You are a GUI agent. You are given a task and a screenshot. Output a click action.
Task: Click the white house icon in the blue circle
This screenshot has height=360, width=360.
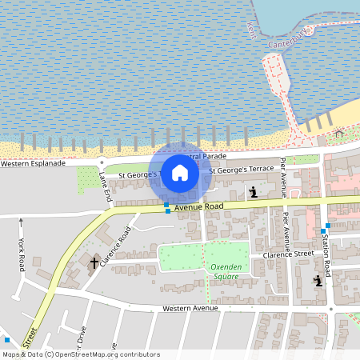click(180, 172)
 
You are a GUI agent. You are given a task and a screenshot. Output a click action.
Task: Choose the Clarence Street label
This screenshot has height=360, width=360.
click(288, 255)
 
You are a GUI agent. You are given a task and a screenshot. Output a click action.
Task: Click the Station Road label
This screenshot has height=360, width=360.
click(326, 254)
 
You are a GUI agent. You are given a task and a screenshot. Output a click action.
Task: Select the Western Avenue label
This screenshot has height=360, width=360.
click(190, 308)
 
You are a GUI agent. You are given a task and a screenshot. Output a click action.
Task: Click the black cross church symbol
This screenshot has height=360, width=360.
click(94, 262)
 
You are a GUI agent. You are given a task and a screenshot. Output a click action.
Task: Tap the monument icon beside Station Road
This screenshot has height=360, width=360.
click(318, 280)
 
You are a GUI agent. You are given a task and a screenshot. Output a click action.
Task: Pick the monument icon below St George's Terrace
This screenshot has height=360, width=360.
click(254, 192)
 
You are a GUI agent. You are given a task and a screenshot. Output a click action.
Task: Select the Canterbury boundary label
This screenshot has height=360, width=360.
click(289, 38)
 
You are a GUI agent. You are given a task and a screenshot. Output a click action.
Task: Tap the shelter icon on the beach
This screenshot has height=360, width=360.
click(339, 133)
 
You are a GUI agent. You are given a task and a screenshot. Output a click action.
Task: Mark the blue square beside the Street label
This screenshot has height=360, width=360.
click(6, 341)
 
